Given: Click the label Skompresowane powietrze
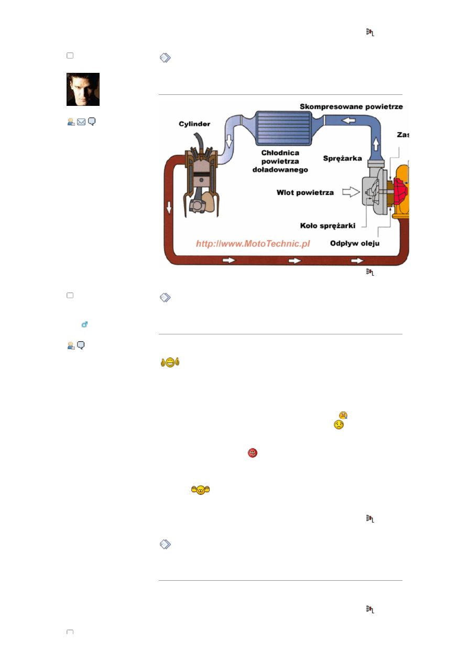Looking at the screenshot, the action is [x=351, y=107].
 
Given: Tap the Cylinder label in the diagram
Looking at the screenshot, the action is [x=194, y=124].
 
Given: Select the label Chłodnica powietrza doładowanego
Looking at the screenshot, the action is [x=280, y=161].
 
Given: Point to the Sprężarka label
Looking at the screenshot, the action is [x=342, y=158].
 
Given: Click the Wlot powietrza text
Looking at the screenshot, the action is [x=305, y=193].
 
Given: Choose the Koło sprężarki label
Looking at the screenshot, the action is [x=328, y=226].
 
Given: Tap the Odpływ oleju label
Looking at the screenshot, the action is [x=355, y=243].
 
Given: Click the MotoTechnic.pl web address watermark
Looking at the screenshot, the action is [x=253, y=244].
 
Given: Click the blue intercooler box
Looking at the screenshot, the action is [x=284, y=128].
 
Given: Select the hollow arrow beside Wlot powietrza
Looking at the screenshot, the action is [x=351, y=192].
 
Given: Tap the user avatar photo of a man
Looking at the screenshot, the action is [x=83, y=89].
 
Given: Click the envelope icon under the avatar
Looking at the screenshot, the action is [x=81, y=122].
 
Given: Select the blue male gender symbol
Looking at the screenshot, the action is [x=84, y=324].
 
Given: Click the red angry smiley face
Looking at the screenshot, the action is [x=253, y=453].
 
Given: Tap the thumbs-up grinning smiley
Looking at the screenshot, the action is [x=170, y=362].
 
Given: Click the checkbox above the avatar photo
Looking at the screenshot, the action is [x=70, y=56].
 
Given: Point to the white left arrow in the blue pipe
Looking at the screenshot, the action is [x=349, y=120].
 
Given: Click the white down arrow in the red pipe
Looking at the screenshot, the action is [x=169, y=208].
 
